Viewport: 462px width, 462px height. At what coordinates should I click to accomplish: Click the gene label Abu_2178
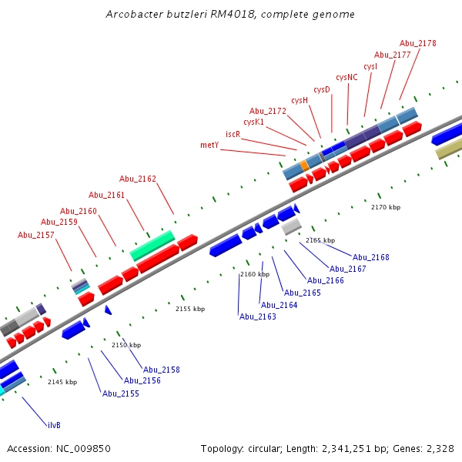(418, 43)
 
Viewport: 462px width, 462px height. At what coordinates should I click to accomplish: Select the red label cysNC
(346, 77)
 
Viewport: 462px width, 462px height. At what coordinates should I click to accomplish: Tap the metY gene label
(209, 145)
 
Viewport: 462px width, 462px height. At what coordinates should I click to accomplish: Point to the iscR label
(233, 133)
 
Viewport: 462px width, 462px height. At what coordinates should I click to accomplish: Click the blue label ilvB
(54, 424)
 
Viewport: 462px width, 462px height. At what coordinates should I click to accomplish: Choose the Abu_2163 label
(257, 316)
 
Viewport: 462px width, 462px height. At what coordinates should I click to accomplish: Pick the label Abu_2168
(371, 257)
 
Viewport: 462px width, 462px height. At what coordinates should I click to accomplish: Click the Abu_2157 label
(36, 235)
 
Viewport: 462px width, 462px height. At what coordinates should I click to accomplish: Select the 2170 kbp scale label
(386, 207)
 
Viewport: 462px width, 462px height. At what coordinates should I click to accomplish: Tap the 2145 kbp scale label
(62, 382)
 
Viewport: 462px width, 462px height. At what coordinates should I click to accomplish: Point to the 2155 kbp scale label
(190, 309)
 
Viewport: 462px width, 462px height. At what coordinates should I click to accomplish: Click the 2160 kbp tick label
(255, 274)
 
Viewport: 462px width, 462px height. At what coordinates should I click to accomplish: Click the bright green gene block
(152, 245)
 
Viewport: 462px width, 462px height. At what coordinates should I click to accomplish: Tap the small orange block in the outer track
(305, 166)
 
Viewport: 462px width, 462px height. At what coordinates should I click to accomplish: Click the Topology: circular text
(236, 448)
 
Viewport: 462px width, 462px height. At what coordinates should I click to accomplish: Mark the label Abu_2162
(138, 179)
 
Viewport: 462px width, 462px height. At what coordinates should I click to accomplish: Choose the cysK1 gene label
(254, 122)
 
